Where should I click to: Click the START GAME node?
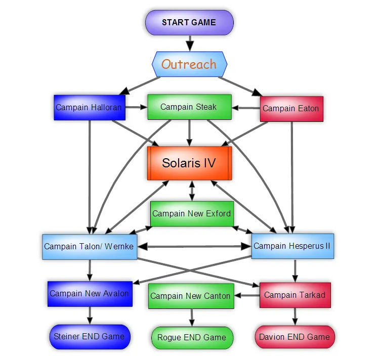point(189,23)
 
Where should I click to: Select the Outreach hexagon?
point(189,64)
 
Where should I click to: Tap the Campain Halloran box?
point(89,107)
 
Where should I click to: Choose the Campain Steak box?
point(189,107)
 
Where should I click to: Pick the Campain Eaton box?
point(290,108)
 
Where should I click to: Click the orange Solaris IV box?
point(189,163)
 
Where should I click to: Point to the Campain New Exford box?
point(191,213)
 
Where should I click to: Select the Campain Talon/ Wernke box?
point(89,247)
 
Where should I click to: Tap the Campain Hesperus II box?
point(292,246)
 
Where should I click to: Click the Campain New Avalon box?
point(90,294)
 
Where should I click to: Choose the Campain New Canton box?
point(190,296)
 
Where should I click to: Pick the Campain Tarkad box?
point(294,295)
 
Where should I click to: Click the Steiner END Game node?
point(90,337)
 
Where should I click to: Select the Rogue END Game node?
point(192,338)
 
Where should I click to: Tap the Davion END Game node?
point(294,337)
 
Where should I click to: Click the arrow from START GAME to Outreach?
point(189,43)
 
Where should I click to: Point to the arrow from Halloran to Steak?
point(136,107)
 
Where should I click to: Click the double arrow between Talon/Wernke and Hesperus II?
point(194,247)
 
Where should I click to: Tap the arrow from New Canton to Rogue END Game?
point(191,318)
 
